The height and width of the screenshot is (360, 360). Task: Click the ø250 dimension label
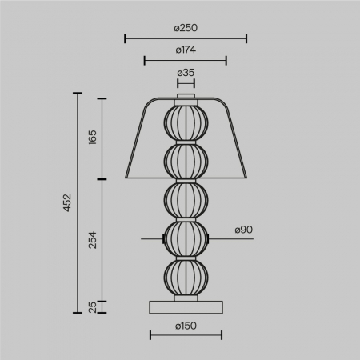[x=186, y=27]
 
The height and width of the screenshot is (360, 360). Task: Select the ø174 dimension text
[x=186, y=50]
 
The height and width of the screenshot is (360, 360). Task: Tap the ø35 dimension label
[x=186, y=73]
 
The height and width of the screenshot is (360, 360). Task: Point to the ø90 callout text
[x=243, y=230]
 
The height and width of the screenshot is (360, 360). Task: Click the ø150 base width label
[x=186, y=325]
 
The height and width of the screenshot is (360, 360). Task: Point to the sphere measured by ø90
[x=186, y=238]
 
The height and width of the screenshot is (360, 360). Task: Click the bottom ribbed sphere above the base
[x=186, y=277]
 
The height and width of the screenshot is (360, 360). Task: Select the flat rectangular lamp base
[x=186, y=306]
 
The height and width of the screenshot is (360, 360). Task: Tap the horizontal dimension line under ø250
[x=186, y=38]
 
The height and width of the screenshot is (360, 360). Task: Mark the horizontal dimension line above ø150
[x=186, y=335]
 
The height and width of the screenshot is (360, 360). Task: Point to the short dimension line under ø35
[x=186, y=82]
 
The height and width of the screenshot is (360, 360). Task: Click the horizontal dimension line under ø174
[x=186, y=59]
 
